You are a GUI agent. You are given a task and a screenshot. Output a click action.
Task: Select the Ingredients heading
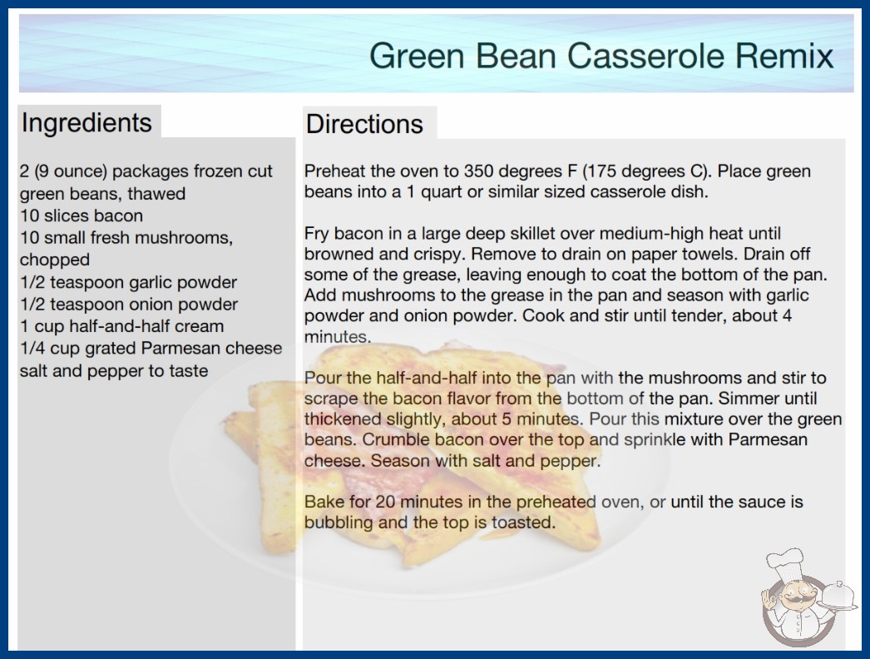(87, 122)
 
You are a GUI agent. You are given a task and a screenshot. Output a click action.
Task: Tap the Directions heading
(364, 124)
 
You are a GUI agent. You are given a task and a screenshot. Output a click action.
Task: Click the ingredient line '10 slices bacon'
(82, 216)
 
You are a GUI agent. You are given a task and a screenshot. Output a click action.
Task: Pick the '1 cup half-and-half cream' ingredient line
(122, 326)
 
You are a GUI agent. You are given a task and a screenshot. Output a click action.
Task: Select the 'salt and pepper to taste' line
(114, 370)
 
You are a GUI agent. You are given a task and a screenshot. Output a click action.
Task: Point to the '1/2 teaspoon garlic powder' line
(128, 282)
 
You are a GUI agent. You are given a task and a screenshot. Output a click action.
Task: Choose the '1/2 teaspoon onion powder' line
(129, 305)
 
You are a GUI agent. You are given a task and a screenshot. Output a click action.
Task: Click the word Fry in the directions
(317, 235)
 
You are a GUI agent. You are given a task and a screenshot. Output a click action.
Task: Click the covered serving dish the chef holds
(838, 597)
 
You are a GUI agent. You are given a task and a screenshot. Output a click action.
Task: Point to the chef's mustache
(798, 601)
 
